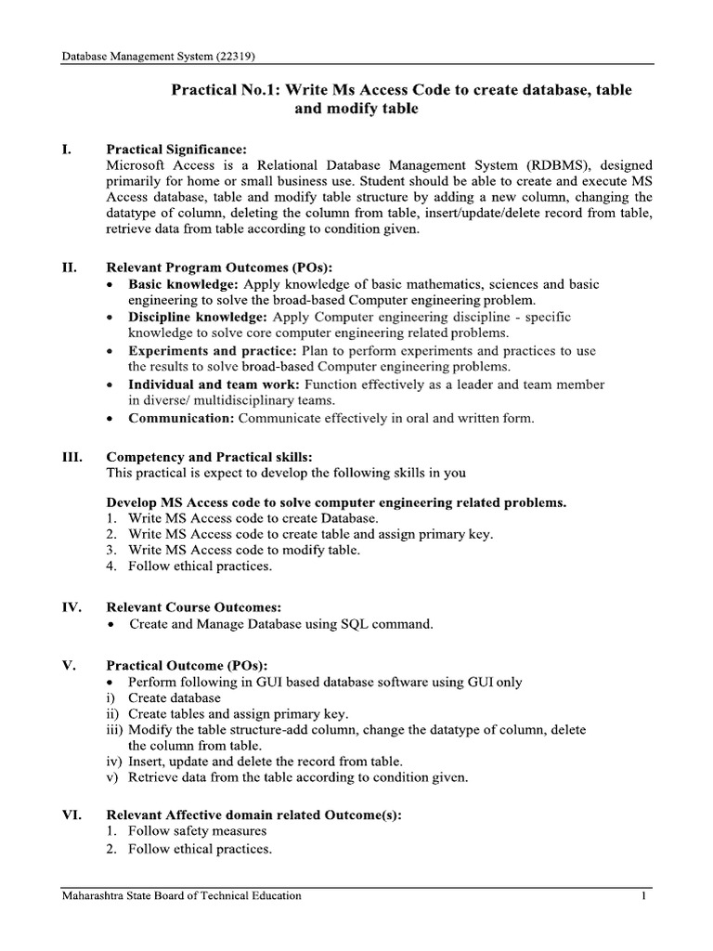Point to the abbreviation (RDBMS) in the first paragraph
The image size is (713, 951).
pyautogui.click(x=542, y=164)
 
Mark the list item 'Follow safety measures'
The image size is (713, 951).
pyautogui.click(x=198, y=830)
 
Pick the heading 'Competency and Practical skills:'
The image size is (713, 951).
pyautogui.click(x=210, y=457)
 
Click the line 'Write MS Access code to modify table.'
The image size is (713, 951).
pyautogui.click(x=244, y=549)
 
